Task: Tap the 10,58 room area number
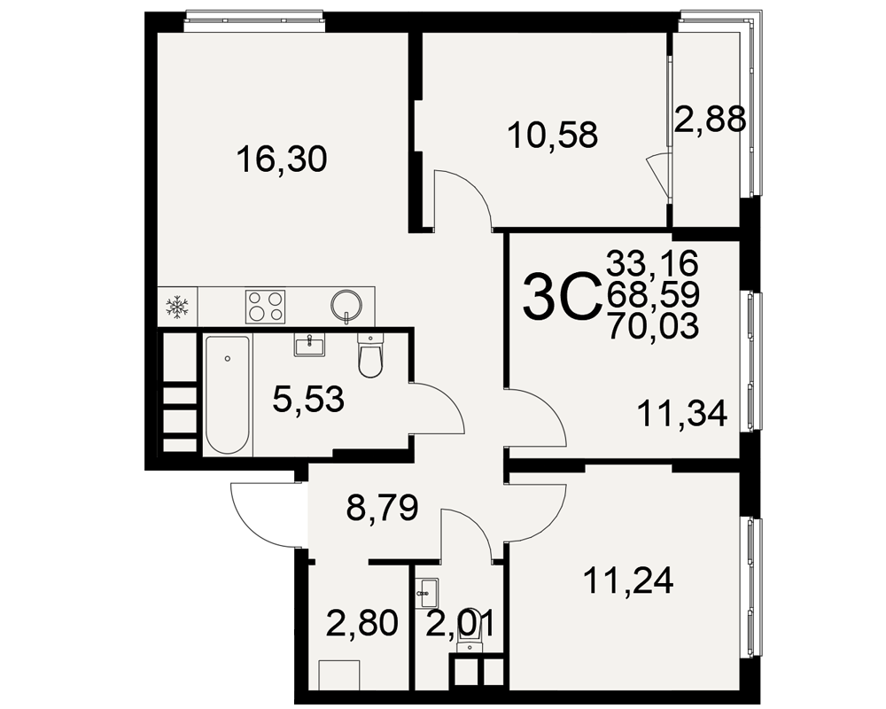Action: click(x=553, y=135)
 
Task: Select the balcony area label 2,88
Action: click(x=711, y=120)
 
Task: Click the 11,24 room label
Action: click(x=629, y=580)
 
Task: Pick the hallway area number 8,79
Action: click(x=383, y=508)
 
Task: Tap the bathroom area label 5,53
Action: click(x=308, y=399)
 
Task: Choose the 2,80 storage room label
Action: click(x=362, y=623)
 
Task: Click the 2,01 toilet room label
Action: click(x=460, y=624)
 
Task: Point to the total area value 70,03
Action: click(x=653, y=327)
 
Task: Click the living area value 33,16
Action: click(x=653, y=263)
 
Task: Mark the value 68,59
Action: click(x=653, y=294)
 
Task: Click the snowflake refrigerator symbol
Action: click(x=178, y=307)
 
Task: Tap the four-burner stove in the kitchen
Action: click(x=265, y=307)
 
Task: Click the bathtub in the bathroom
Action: click(x=227, y=394)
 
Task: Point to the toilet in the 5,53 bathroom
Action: click(x=370, y=355)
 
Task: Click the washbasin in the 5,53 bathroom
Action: click(x=309, y=345)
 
